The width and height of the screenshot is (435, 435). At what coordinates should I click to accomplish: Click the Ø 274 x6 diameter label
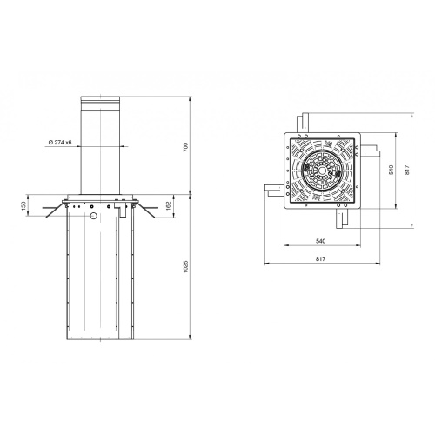60,143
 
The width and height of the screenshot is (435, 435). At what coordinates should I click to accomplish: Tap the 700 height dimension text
186,147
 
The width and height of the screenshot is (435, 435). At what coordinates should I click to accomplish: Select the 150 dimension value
23,205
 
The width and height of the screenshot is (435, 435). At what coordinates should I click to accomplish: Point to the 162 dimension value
169,205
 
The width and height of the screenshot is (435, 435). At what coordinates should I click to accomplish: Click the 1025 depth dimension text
186,267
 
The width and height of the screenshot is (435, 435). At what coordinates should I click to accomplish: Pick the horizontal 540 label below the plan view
321,241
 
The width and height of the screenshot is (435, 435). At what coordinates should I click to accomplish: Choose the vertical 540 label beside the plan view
391,170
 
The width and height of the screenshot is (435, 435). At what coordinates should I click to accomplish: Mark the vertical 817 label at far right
407,170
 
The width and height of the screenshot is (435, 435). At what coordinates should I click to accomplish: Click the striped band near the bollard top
100,102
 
